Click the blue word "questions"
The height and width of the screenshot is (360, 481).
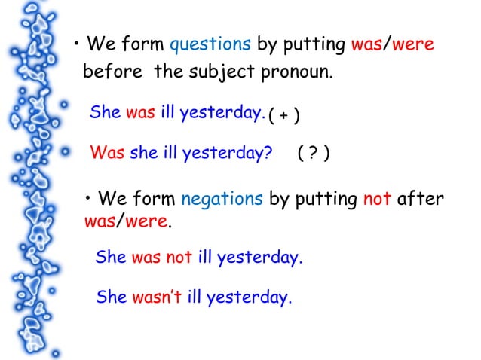[210, 45]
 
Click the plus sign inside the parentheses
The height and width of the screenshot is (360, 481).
[284, 116]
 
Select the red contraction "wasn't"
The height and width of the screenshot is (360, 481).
[157, 297]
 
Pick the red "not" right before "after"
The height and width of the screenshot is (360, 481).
[376, 200]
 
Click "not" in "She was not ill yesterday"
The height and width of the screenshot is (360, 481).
[179, 258]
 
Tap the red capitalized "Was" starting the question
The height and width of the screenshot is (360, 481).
[107, 154]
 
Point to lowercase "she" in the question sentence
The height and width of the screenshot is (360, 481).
[143, 154]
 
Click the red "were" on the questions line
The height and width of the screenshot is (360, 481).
[413, 45]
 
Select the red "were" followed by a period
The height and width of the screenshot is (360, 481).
[147, 224]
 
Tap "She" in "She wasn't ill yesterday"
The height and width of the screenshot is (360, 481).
[112, 297]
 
